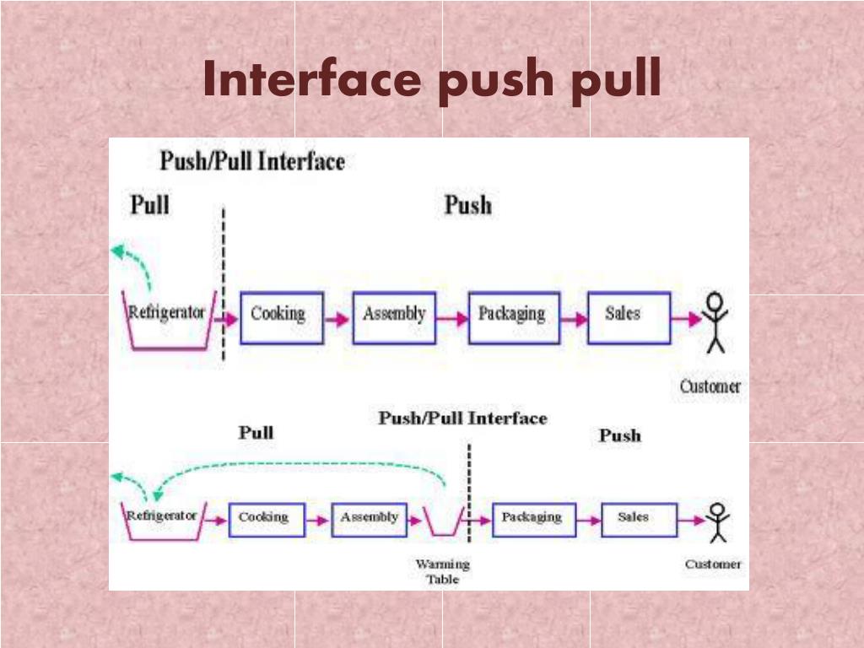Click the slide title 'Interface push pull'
click(x=431, y=81)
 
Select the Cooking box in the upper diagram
click(x=281, y=317)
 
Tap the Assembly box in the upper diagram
click(x=394, y=317)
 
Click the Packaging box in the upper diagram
click(x=513, y=317)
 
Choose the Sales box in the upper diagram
click(x=629, y=317)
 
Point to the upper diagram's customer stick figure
click(x=715, y=321)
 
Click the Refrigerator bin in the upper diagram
click(x=169, y=321)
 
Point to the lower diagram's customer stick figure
click(x=718, y=522)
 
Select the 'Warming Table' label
click(x=442, y=571)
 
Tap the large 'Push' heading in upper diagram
click(x=467, y=206)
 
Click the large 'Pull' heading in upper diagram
click(x=149, y=205)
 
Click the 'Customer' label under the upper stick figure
click(x=710, y=387)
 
